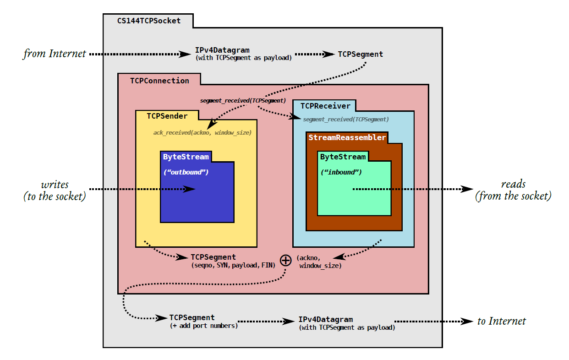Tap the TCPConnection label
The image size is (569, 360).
click(x=159, y=81)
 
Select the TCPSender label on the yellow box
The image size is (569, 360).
click(x=168, y=116)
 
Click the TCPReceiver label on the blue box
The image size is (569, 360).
click(x=325, y=106)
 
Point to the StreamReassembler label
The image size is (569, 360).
click(x=347, y=137)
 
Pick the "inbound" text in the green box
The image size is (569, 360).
click(x=341, y=172)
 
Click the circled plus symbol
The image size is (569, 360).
click(x=285, y=260)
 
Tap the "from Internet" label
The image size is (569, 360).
click(x=55, y=54)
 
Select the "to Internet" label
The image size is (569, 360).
click(x=502, y=321)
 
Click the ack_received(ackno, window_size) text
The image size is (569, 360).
click(x=202, y=133)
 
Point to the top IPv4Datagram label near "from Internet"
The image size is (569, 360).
click(x=222, y=50)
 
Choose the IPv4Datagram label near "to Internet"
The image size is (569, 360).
click(x=326, y=319)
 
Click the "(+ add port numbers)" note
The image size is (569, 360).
click(x=203, y=326)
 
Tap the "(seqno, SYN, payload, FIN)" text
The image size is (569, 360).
click(x=232, y=265)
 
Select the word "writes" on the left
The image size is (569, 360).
click(x=55, y=185)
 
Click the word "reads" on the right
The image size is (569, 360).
click(x=513, y=184)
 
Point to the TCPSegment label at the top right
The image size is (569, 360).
click(x=361, y=54)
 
